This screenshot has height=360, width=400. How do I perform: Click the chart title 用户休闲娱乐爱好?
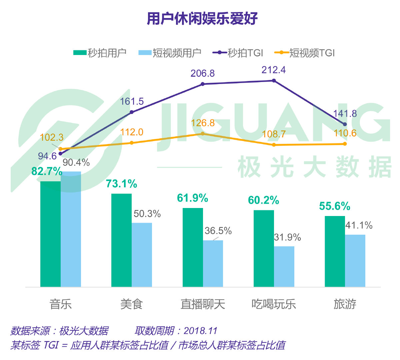click(202, 19)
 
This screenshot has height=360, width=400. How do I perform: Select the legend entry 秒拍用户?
click(100, 53)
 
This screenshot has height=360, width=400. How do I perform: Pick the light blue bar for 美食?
click(142, 255)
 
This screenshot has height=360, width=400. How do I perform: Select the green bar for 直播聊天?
click(193, 247)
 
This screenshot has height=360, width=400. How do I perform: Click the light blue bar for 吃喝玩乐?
click(284, 266)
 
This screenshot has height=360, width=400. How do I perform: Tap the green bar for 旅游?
click(335, 251)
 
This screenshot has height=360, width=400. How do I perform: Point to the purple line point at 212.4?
click(274, 81)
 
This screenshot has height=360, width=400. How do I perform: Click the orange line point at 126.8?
click(203, 133)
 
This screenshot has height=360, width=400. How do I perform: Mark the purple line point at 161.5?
click(131, 112)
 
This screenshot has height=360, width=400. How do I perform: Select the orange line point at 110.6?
click(345, 144)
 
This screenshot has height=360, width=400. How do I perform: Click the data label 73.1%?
click(121, 184)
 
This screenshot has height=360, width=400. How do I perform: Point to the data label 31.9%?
click(287, 237)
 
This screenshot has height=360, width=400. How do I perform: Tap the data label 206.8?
click(203, 73)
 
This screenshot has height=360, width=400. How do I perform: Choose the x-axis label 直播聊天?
click(203, 304)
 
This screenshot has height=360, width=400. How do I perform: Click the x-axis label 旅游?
click(345, 304)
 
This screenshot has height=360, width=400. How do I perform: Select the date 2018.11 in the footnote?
click(200, 331)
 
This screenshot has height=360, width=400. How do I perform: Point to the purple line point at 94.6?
click(60, 154)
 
